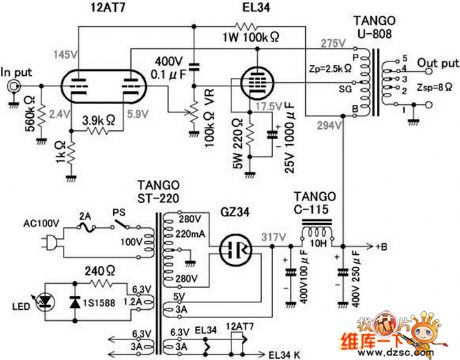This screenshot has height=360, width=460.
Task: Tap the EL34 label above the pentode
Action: pyautogui.click(x=253, y=9)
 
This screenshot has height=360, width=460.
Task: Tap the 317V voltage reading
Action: pyautogui.click(x=272, y=237)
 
